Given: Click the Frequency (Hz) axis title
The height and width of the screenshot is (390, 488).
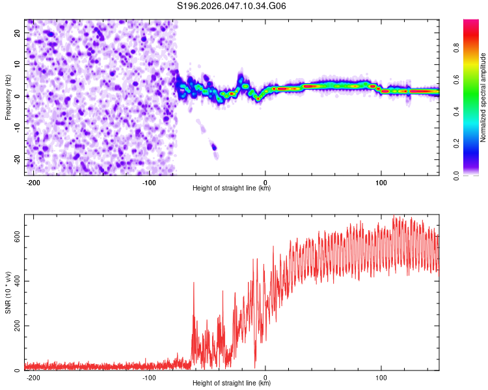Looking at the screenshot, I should (x=8, y=96).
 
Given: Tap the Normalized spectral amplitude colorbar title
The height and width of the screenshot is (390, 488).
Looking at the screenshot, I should (x=483, y=97).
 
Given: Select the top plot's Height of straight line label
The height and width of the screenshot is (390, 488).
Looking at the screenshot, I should (x=232, y=188).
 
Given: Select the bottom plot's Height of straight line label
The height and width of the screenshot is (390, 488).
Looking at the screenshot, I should (x=232, y=384).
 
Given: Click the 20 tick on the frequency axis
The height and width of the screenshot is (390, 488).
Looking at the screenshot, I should (x=17, y=32).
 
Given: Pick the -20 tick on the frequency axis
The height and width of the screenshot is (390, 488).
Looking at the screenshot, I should (x=16, y=159).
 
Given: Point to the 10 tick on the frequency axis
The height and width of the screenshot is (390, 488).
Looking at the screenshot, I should (x=17, y=64).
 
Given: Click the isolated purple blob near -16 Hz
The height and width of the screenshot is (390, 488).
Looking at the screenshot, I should (x=213, y=147).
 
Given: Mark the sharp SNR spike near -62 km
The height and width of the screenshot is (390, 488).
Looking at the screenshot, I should (x=194, y=283).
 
